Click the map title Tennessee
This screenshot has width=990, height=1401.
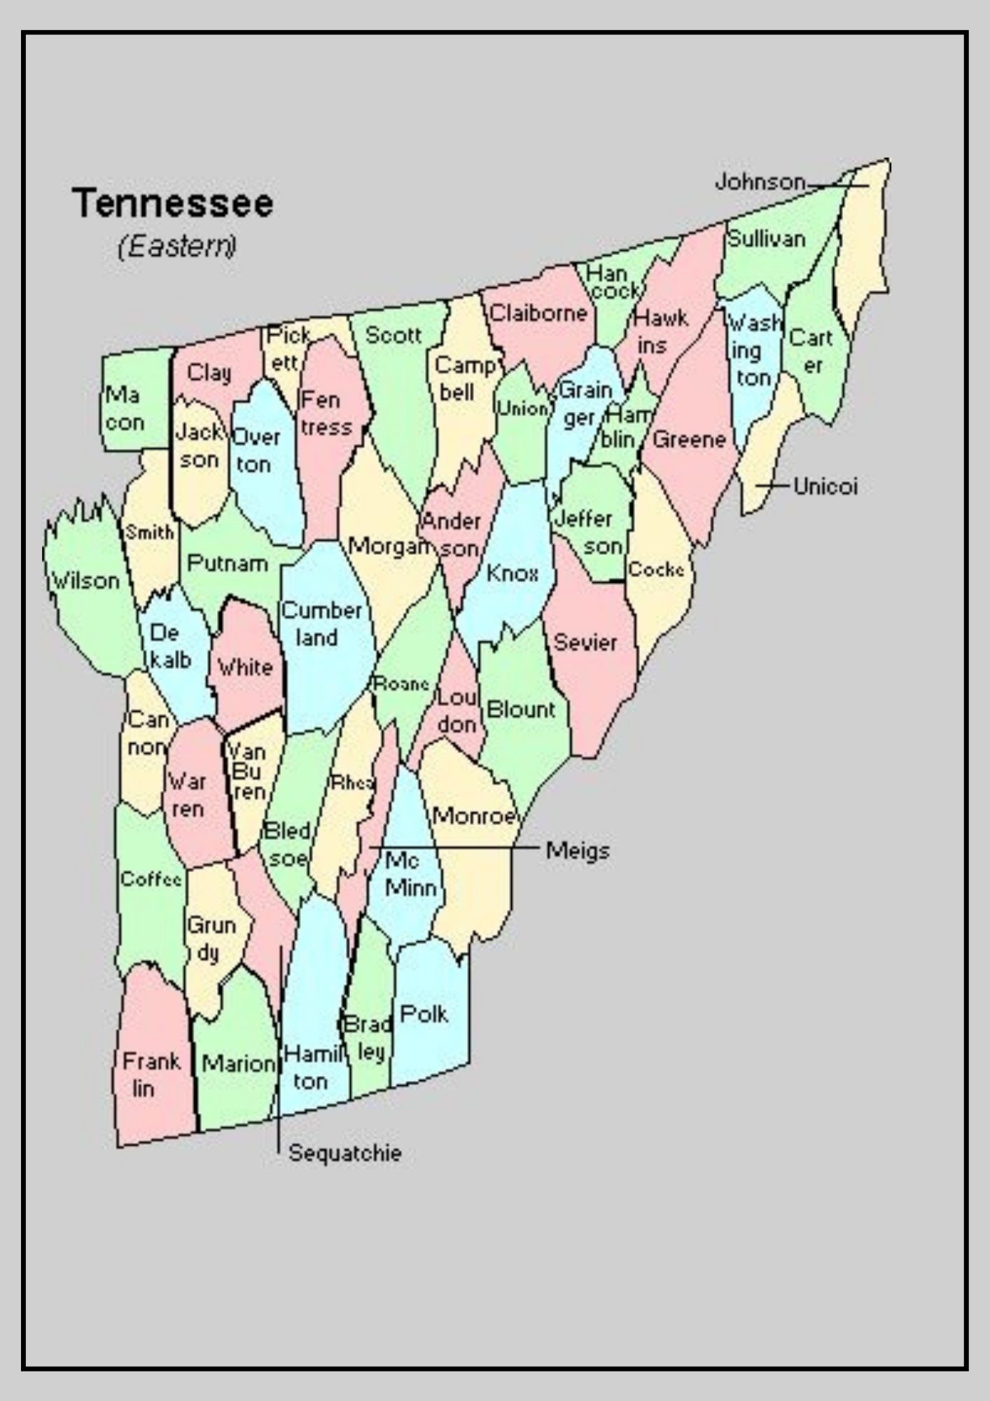(172, 203)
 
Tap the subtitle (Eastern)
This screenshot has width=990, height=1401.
(177, 247)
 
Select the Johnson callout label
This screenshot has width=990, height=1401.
(760, 182)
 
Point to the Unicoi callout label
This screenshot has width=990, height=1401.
(825, 486)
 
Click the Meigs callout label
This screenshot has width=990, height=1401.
(578, 851)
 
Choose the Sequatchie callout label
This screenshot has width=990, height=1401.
(345, 1153)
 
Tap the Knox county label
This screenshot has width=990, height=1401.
(513, 573)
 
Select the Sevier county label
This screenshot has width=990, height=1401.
(585, 642)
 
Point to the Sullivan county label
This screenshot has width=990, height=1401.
(767, 239)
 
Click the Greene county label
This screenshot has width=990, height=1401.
(689, 440)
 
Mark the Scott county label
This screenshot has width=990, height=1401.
(393, 335)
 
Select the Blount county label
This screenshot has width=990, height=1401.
(520, 710)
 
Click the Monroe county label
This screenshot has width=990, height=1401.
(474, 815)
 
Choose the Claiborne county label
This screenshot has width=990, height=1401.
(538, 312)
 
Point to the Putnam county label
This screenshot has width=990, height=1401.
(228, 563)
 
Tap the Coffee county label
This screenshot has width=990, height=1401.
(151, 878)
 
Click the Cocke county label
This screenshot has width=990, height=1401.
(656, 570)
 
